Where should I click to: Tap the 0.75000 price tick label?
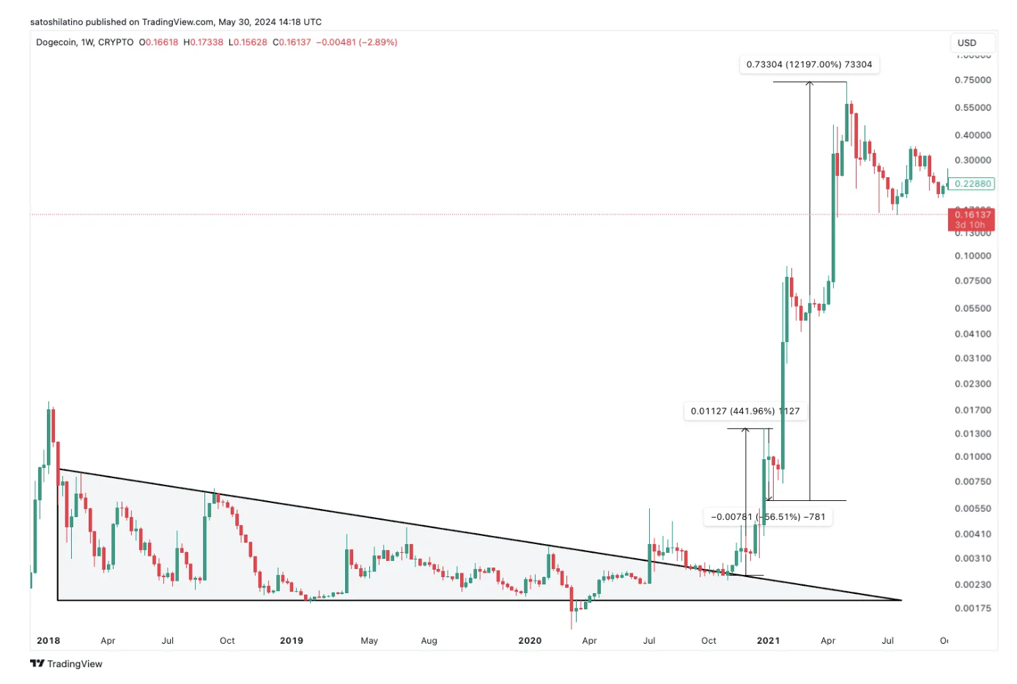[972, 80]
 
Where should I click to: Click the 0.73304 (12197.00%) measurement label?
[809, 64]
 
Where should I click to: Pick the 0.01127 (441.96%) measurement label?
[744, 411]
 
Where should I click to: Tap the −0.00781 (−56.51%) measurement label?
[767, 517]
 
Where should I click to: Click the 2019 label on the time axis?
[292, 641]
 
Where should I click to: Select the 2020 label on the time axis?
[530, 641]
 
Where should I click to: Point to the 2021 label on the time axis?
[768, 641]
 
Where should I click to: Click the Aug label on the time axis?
[429, 641]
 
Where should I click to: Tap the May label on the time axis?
[369, 641]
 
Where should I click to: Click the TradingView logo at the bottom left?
[66, 663]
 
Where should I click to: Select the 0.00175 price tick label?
[972, 609]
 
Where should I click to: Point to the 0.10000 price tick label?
[972, 256]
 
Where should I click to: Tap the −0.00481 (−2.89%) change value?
[356, 42]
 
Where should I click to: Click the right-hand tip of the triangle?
[900, 600]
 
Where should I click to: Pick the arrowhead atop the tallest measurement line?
[810, 83]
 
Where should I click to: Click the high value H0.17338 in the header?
[203, 42]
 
